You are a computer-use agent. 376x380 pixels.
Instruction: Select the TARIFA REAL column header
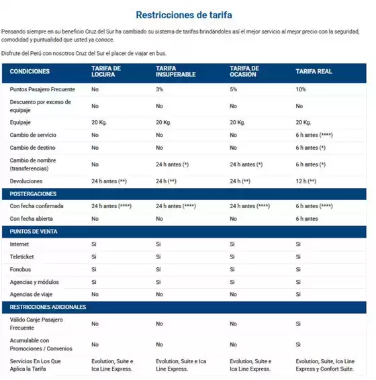314,71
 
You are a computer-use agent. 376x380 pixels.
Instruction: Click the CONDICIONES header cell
30,71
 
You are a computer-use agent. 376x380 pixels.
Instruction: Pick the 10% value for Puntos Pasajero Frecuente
300,89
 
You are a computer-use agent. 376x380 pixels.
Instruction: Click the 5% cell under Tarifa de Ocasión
233,89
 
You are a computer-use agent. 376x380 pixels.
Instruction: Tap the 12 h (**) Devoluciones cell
305,181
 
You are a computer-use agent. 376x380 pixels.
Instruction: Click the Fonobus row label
21,269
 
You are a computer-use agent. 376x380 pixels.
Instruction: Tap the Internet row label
19,244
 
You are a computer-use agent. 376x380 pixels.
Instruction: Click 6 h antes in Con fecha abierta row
307,219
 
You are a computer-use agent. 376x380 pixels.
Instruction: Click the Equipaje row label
21,122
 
